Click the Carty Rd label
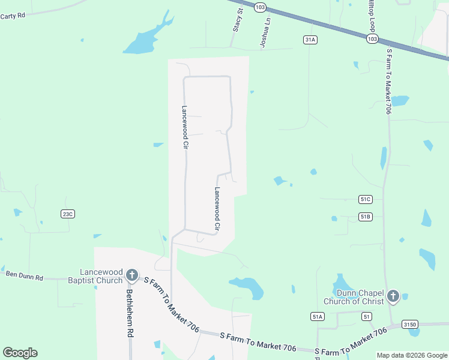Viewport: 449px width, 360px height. (x=13, y=16)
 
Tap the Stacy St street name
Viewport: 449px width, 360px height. (x=237, y=20)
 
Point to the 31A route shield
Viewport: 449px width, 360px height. (x=310, y=40)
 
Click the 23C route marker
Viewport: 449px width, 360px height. (x=67, y=214)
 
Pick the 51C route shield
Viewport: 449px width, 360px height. (x=366, y=199)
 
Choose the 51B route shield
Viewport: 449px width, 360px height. (x=366, y=216)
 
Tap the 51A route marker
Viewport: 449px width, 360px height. (x=318, y=316)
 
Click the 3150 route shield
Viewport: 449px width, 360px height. (x=410, y=324)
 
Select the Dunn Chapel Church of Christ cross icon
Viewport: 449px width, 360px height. (x=393, y=296)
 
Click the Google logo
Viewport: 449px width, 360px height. (x=20, y=353)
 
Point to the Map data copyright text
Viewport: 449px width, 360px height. (x=412, y=355)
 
